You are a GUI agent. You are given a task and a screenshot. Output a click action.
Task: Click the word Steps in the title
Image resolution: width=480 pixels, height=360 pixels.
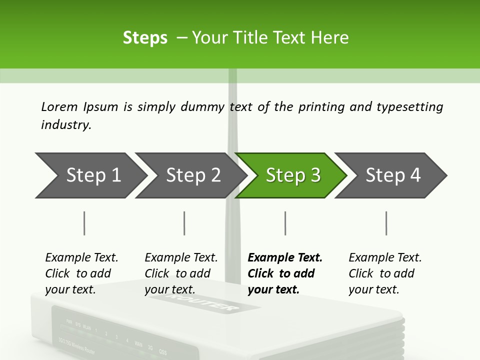tap(145, 37)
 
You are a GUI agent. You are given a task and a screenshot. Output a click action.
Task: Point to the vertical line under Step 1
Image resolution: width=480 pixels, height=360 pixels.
tap(84, 223)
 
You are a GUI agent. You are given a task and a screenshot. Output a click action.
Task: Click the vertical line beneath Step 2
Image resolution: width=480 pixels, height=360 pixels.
tap(184, 223)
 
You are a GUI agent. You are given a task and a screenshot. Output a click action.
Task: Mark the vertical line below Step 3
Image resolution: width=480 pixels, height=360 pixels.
tap(285, 223)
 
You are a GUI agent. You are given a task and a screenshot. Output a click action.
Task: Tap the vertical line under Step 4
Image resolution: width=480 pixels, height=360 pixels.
tap(386, 223)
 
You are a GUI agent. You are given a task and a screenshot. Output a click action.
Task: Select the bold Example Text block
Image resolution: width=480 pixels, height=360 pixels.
tap(284, 273)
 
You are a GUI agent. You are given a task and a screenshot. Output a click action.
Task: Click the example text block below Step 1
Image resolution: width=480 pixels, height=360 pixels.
tap(81, 273)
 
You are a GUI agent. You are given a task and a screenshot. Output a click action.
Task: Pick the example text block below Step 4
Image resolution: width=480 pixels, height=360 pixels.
tap(384, 273)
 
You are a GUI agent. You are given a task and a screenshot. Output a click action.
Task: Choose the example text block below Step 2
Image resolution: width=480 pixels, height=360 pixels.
tap(180, 273)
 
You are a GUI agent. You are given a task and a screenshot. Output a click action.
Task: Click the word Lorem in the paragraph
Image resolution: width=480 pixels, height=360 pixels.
tap(59, 106)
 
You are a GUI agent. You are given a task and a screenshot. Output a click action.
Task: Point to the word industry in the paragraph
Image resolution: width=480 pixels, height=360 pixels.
tap(65, 125)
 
